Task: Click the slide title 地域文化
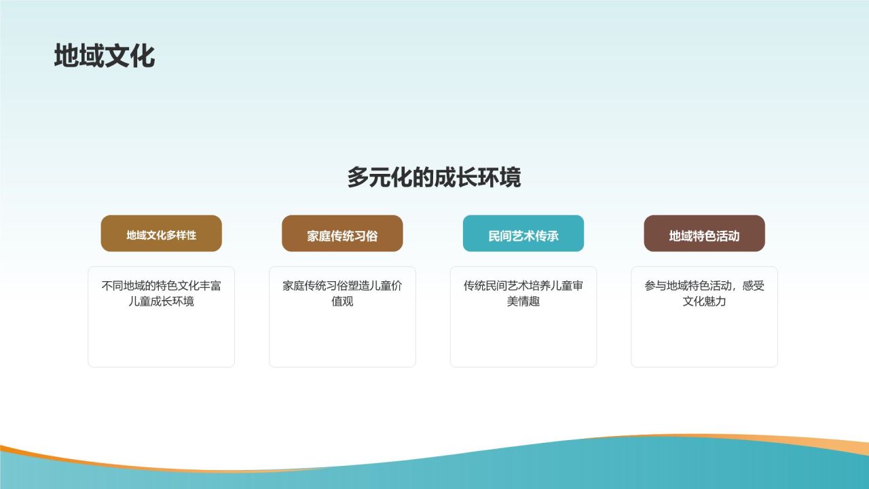105,56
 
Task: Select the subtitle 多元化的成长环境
434,177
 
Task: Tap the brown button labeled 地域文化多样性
161,235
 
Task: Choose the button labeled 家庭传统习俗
342,236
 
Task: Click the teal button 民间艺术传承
523,236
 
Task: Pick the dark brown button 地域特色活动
704,236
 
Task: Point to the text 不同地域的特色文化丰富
161,286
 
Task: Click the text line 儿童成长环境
161,302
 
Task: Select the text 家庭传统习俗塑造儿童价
342,286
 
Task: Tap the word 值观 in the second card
342,302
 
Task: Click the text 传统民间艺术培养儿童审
523,286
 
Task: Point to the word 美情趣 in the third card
523,302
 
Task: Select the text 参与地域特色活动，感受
704,286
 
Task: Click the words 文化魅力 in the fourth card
704,302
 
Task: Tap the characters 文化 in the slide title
130,56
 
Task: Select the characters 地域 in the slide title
79,56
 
